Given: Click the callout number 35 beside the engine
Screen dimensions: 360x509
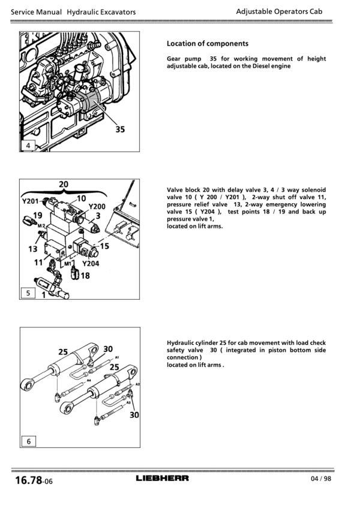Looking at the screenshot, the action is pyautogui.click(x=120, y=129).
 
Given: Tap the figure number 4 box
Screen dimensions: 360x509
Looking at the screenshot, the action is pyautogui.click(x=28, y=146).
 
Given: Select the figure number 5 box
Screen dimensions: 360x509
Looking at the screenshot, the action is pyautogui.click(x=28, y=293).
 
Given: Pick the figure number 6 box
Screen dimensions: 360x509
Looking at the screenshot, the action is pyautogui.click(x=29, y=441).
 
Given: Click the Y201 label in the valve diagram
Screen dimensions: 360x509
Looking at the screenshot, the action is pyautogui.click(x=30, y=201).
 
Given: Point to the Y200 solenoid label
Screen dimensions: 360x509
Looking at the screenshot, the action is pyautogui.click(x=97, y=206).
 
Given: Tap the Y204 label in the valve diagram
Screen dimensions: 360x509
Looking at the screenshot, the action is pyautogui.click(x=91, y=263).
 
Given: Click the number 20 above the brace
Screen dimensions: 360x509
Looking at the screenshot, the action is pyautogui.click(x=64, y=184).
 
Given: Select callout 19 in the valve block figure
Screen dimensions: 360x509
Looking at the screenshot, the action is pyautogui.click(x=38, y=215).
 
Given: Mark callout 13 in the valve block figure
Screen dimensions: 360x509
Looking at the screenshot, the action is pyautogui.click(x=33, y=249).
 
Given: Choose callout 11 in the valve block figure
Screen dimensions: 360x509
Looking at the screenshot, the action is pyautogui.click(x=38, y=262).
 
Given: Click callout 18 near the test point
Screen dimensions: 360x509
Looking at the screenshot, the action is pyautogui.click(x=85, y=276).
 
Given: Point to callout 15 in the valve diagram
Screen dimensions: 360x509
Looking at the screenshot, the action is pyautogui.click(x=104, y=246).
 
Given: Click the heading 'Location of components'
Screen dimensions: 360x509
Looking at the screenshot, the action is pyautogui.click(x=208, y=44).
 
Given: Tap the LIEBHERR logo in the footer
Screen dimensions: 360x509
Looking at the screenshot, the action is pyautogui.click(x=162, y=478).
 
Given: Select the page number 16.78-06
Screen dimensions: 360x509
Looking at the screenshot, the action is pyautogui.click(x=34, y=480).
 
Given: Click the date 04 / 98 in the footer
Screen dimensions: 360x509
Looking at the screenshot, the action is pyautogui.click(x=321, y=478).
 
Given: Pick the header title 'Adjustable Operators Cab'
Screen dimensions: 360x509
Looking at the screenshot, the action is pyautogui.click(x=279, y=11).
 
